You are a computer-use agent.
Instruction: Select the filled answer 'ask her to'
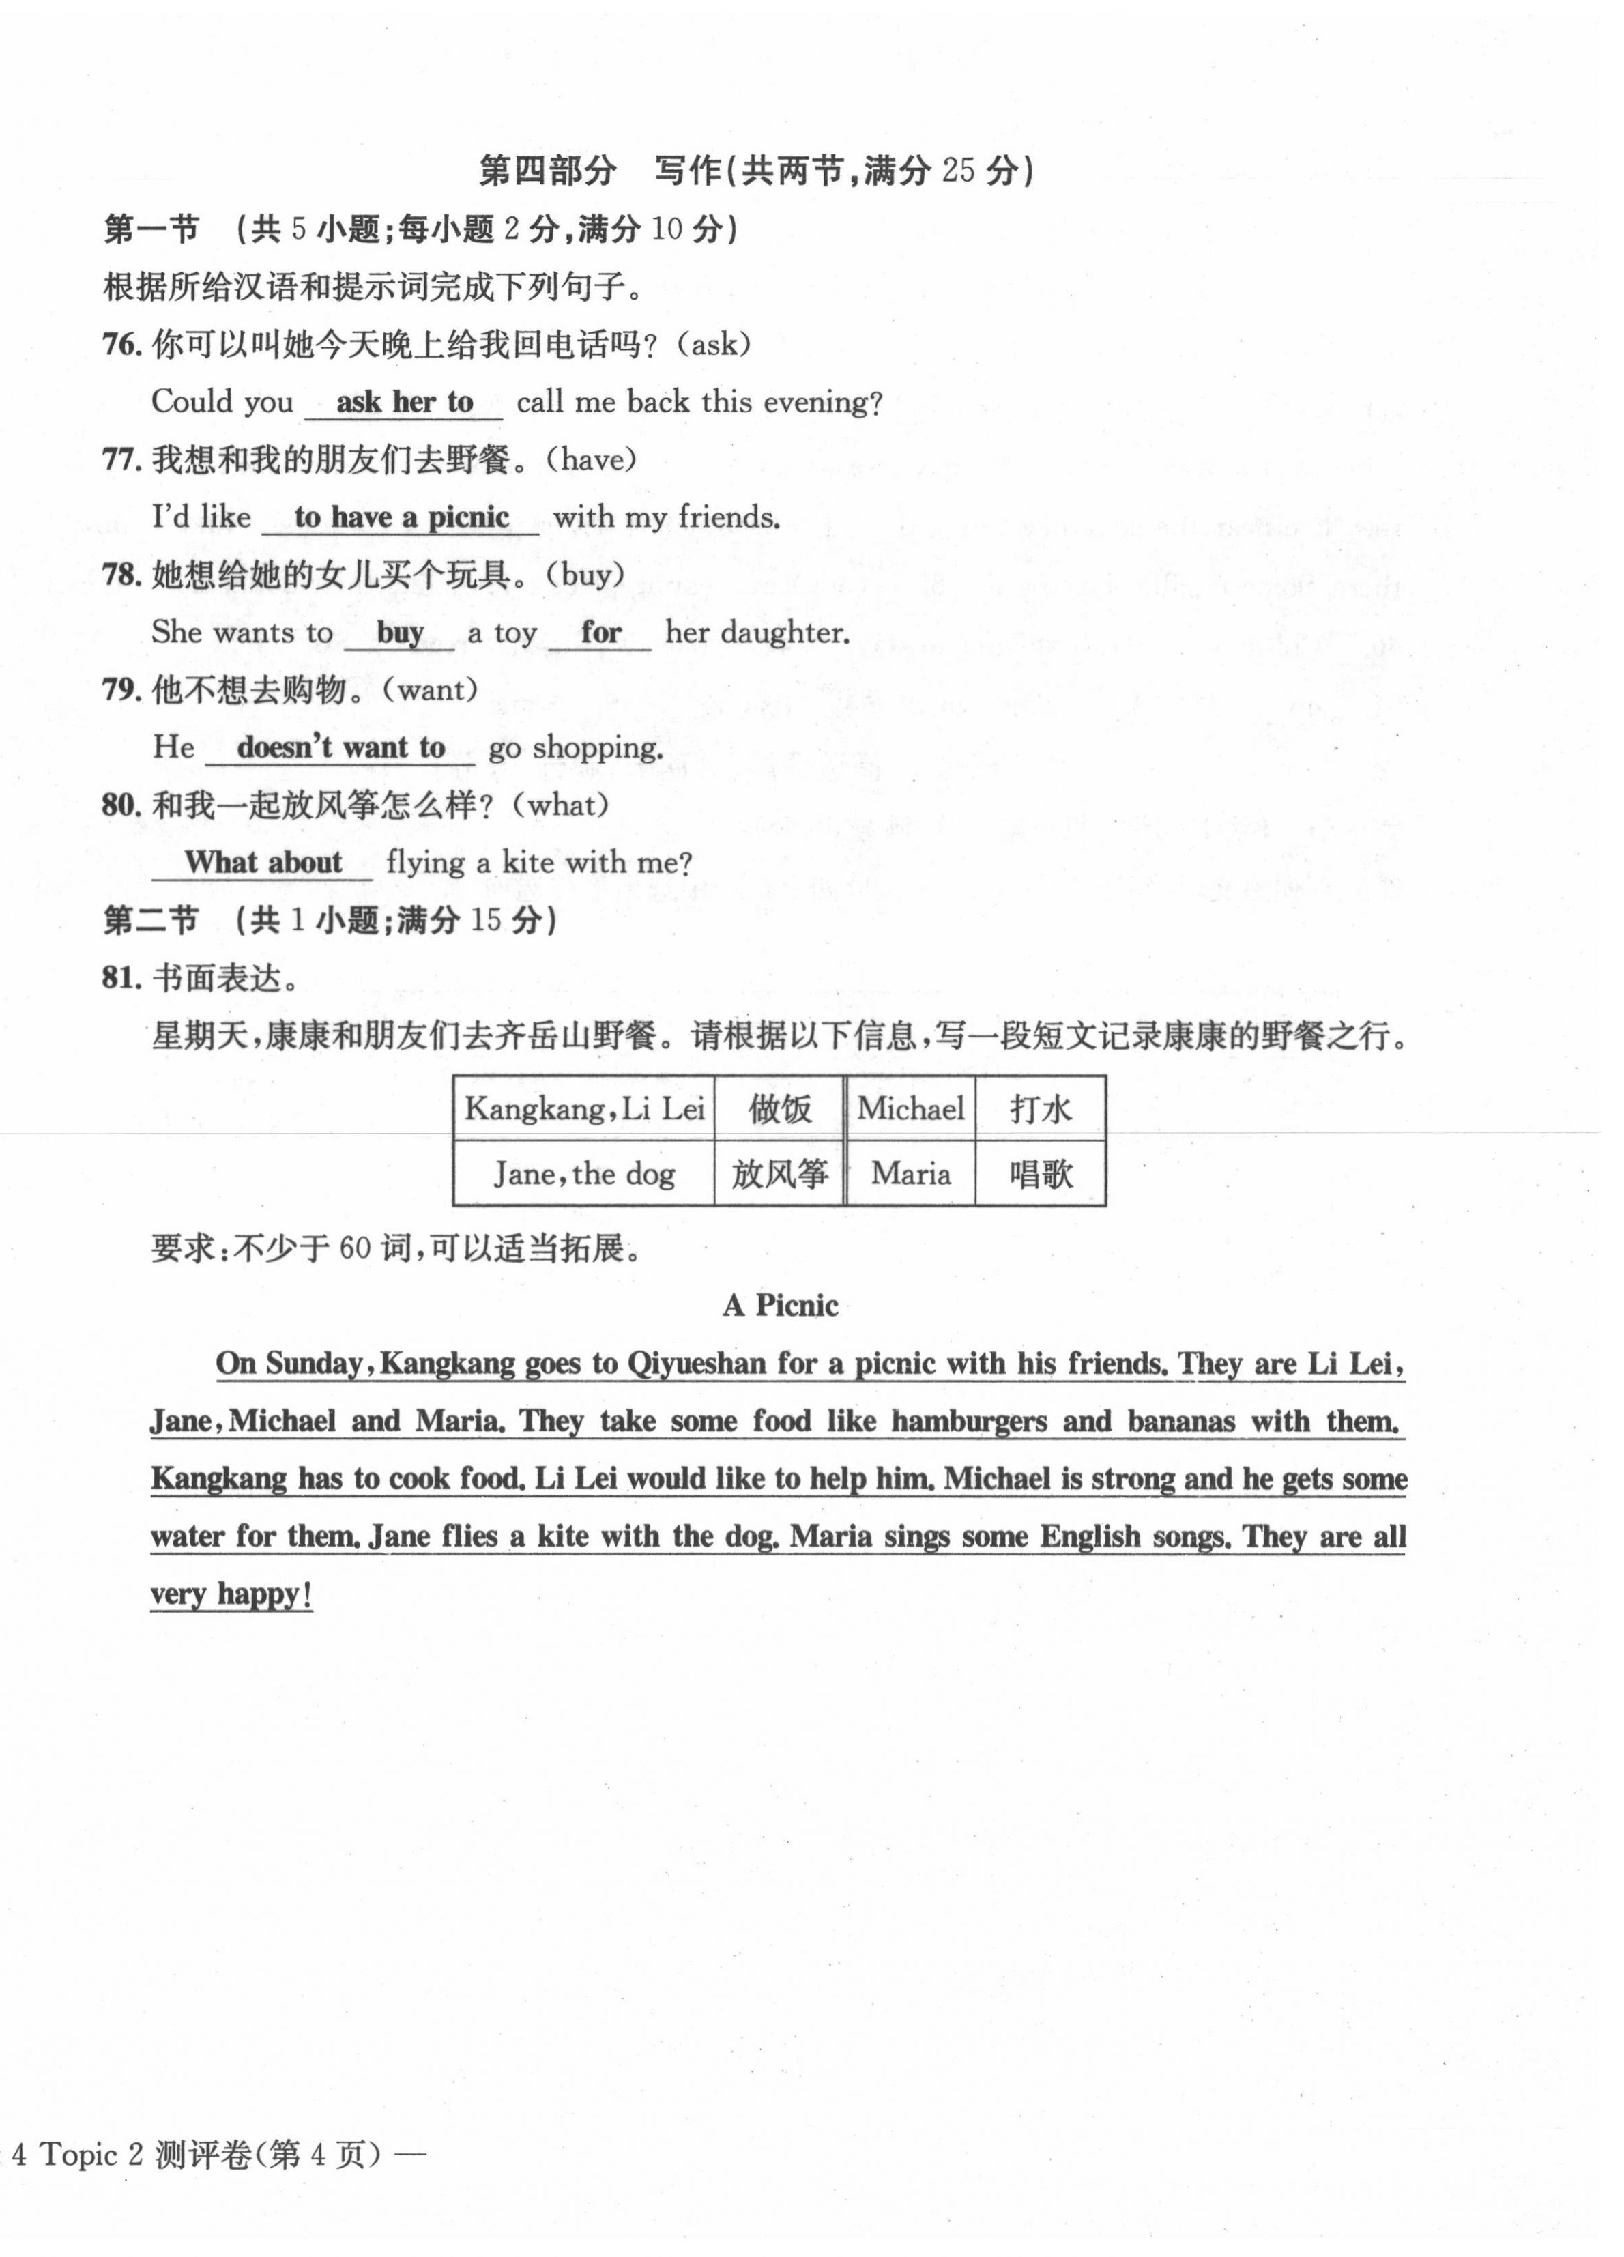tap(404, 402)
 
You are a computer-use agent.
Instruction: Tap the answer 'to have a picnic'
tap(401, 517)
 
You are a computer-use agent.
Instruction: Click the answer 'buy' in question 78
tap(400, 633)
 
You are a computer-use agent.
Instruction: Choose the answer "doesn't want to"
tap(340, 747)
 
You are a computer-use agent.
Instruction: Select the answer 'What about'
tap(263, 862)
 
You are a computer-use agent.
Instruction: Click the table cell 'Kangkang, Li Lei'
tap(584, 1108)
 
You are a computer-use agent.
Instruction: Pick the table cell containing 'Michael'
tap(910, 1108)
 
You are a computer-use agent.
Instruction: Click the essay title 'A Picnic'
tap(780, 1305)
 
